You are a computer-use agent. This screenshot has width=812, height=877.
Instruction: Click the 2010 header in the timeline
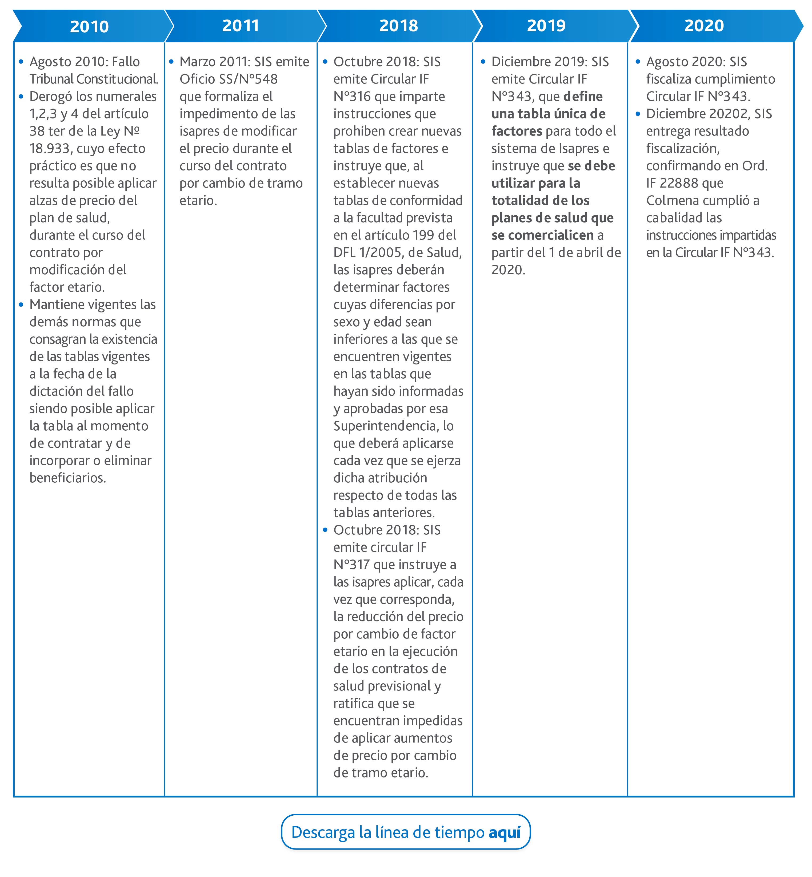[x=89, y=26]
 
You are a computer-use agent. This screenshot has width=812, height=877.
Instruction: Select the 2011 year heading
[x=240, y=26]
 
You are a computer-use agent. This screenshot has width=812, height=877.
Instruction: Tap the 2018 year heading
[x=398, y=26]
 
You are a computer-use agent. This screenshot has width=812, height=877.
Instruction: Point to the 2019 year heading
[x=546, y=26]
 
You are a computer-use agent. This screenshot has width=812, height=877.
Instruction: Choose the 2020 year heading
[x=704, y=26]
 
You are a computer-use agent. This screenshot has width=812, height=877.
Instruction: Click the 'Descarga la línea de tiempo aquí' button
[x=406, y=832]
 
